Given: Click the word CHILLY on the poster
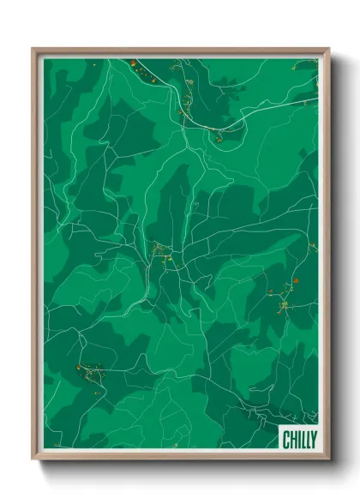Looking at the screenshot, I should click(x=300, y=440).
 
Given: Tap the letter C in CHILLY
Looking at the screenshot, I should click(x=287, y=440).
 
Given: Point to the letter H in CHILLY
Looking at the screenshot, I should click(x=293, y=440).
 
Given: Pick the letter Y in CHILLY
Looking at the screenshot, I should click(x=313, y=440).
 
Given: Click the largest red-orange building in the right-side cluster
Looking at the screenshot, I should click(x=294, y=281).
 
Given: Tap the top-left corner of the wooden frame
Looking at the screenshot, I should click(x=34, y=50).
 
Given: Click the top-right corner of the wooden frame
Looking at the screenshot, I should click(x=327, y=50).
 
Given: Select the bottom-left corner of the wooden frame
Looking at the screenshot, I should click(x=34, y=459).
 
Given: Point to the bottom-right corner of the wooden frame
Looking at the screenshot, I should click(x=327, y=459).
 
